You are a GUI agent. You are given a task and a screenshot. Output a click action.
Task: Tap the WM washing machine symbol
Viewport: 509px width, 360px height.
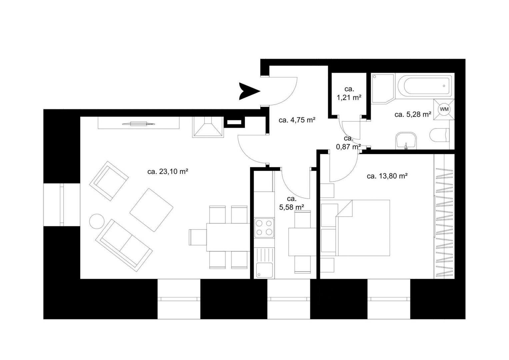click(444, 109)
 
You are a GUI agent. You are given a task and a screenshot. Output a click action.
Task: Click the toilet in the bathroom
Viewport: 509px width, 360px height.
click(439, 135)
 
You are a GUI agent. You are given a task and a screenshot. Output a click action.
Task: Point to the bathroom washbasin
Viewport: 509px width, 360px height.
click(406, 141)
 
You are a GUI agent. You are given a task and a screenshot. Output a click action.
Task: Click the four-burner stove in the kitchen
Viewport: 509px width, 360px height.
click(264, 228)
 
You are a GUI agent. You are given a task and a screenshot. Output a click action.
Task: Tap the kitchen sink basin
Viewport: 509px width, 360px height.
click(264, 270)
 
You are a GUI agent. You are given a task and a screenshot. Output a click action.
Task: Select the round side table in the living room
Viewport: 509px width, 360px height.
click(97, 221)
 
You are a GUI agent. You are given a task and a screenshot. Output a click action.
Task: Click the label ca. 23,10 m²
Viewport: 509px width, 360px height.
click(168, 172)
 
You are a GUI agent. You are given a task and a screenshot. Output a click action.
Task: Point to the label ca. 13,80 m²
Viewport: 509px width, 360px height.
click(387, 176)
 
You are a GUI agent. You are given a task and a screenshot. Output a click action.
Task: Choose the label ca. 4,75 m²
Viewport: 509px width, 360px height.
click(297, 120)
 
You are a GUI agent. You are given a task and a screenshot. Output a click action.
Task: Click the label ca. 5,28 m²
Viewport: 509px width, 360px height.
click(413, 115)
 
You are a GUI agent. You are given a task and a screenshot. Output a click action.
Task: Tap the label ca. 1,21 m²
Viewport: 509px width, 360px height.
click(349, 93)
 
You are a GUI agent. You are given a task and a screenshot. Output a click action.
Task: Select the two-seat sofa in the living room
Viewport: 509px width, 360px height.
click(124, 245)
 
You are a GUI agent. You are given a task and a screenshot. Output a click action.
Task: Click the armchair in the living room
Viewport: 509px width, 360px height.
click(109, 181)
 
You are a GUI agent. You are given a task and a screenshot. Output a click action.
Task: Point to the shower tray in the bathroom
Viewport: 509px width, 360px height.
click(382, 89)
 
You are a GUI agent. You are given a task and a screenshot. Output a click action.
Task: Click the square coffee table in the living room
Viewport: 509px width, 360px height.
click(151, 210)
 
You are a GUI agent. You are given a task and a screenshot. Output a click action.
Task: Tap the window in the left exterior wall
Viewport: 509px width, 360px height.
click(62, 205)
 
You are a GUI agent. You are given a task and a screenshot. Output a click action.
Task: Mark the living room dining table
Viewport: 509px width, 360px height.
click(228, 237)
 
